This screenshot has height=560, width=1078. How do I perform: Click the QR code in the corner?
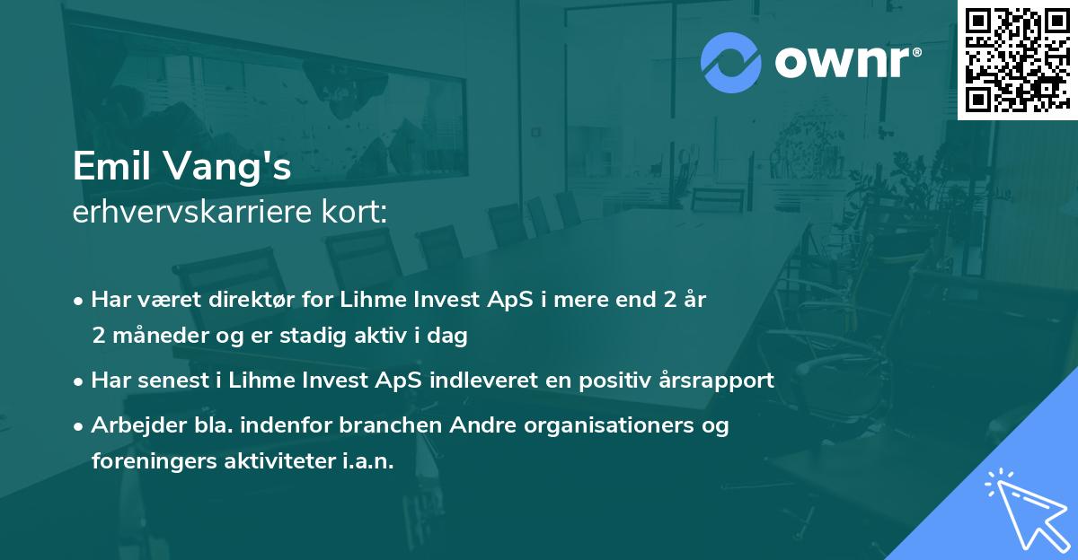1016,60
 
